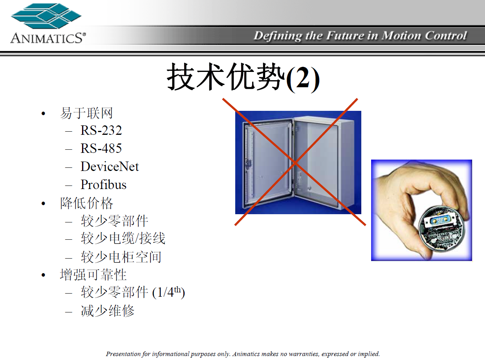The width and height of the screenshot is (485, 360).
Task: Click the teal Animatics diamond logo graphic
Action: pyautogui.click(x=46, y=16)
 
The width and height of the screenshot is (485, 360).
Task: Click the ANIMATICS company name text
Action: pyautogui.click(x=48, y=38)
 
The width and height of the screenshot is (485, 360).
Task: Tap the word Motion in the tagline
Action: pyautogui.click(x=401, y=36)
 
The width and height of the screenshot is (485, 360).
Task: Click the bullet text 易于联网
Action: pyautogui.click(x=86, y=113)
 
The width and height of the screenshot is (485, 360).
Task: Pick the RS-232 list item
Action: pyautogui.click(x=101, y=130)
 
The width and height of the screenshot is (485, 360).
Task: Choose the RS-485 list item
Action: pyautogui.click(x=101, y=149)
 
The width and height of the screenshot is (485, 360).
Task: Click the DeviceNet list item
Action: pyautogui.click(x=110, y=167)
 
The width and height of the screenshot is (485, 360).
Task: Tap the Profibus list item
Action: pyautogui.click(x=103, y=184)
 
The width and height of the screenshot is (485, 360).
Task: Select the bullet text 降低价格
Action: pyautogui.click(x=86, y=203)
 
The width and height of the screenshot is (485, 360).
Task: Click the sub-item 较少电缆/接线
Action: pyautogui.click(x=123, y=238)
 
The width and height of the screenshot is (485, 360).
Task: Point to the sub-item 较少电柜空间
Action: pyautogui.click(x=121, y=257)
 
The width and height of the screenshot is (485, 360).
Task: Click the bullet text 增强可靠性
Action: pyautogui.click(x=93, y=275)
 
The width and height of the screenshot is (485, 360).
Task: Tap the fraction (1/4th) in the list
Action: pyautogui.click(x=168, y=292)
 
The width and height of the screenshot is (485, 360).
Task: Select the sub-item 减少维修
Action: pyautogui.click(x=107, y=311)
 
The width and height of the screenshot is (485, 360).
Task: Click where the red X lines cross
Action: pyautogui.click(x=295, y=162)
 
